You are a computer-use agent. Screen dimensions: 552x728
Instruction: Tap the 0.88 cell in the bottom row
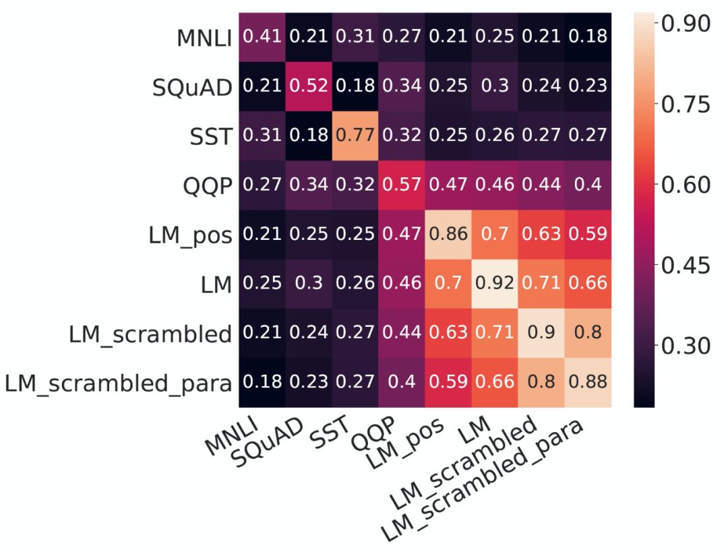pos(588,381)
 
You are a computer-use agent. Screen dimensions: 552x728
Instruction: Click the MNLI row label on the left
pos(204,38)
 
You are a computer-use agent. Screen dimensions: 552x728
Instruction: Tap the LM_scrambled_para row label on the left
pos(119,383)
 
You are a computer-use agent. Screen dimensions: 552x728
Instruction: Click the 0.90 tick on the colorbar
pos(686,24)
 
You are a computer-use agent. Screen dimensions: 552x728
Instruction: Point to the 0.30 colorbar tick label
pos(686,346)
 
